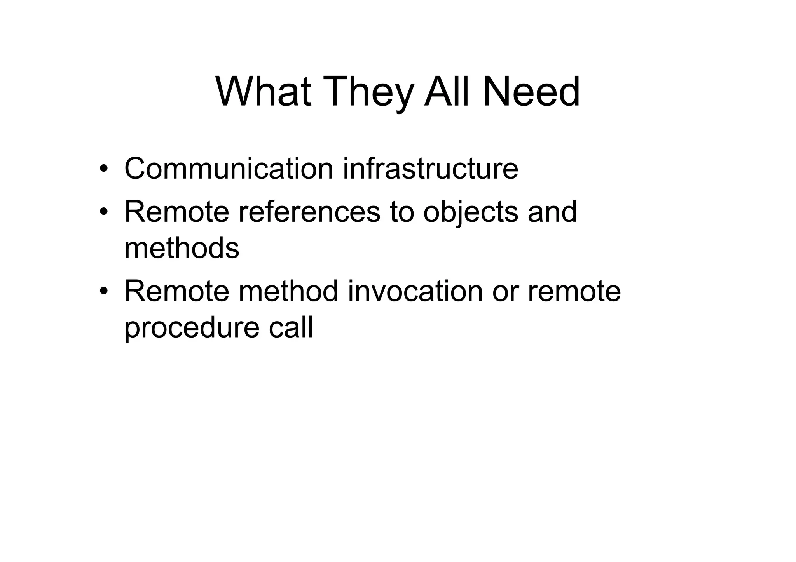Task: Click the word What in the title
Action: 263,92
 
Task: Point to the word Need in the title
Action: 531,92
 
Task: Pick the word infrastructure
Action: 430,169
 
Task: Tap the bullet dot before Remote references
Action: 103,212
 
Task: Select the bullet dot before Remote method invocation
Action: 103,292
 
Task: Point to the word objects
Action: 470,213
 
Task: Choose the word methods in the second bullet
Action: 182,248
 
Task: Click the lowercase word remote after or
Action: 574,291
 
